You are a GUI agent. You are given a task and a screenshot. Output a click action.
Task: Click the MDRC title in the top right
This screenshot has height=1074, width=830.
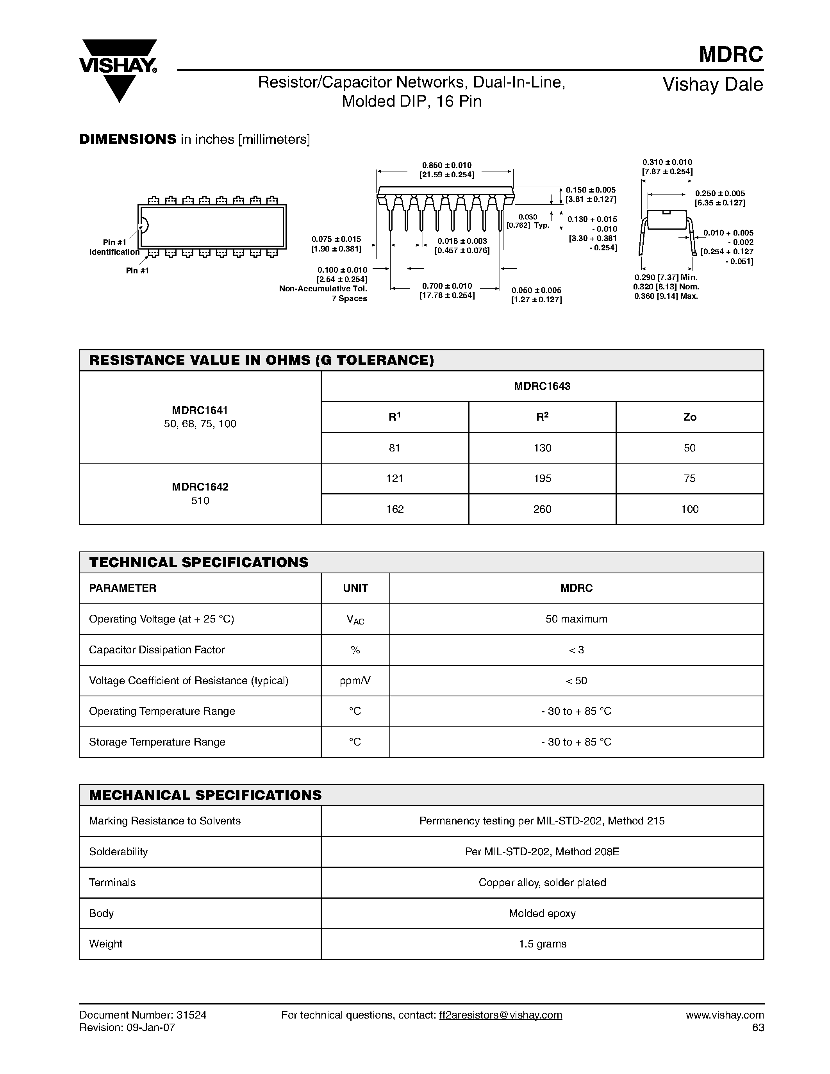(731, 55)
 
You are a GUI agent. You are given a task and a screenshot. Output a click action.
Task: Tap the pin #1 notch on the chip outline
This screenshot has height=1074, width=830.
(144, 225)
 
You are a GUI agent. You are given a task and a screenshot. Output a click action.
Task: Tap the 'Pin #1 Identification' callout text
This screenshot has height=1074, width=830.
(114, 247)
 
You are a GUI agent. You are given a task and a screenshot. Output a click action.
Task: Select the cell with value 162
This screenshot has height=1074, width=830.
(395, 509)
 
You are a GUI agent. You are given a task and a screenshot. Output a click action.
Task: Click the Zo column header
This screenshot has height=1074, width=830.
(689, 417)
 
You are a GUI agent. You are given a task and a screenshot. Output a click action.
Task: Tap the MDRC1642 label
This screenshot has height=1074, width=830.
(200, 487)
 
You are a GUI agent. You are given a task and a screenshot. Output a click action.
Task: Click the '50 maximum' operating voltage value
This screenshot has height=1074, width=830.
(576, 619)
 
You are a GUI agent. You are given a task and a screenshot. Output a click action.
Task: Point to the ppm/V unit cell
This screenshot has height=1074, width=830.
(355, 681)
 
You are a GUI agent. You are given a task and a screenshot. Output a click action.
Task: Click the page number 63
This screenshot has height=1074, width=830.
(758, 1027)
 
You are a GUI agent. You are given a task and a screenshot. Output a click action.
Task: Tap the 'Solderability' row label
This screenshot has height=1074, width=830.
(118, 852)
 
